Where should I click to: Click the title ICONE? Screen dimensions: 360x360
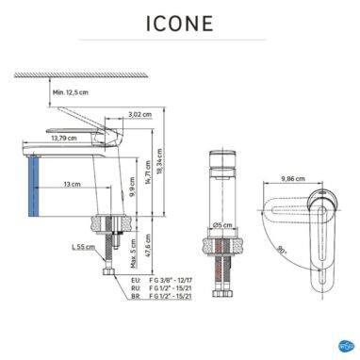pyautogui.click(x=180, y=24)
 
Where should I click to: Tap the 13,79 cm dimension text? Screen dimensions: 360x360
pyautogui.click(x=65, y=139)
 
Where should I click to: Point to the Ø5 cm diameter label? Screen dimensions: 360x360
pyautogui.click(x=222, y=225)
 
